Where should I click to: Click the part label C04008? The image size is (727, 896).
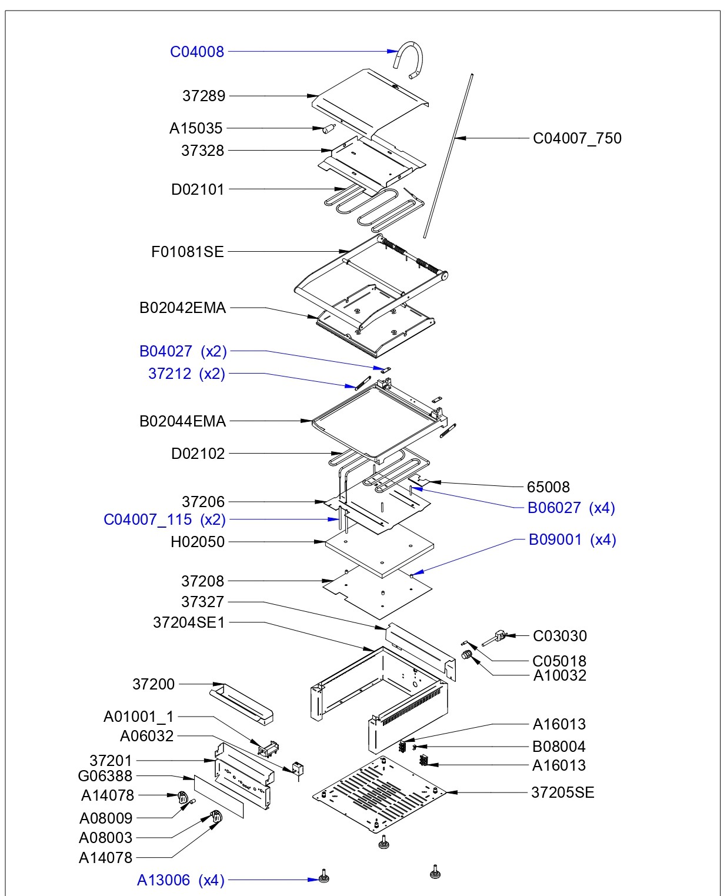pyautogui.click(x=197, y=52)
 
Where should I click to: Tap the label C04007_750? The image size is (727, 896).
pyautogui.click(x=577, y=138)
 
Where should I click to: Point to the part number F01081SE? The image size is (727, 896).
pyautogui.click(x=188, y=252)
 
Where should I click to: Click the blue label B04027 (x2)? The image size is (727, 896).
pyautogui.click(x=183, y=352)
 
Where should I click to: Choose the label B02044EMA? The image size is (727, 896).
pyautogui.click(x=182, y=422)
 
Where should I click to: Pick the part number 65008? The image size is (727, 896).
pyautogui.click(x=548, y=487)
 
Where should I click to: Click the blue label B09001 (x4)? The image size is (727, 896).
pyautogui.click(x=572, y=540)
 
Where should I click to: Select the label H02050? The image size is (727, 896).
pyautogui.click(x=198, y=542)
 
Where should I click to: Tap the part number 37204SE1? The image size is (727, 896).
pyautogui.click(x=189, y=622)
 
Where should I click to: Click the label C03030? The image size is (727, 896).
pyautogui.click(x=560, y=636)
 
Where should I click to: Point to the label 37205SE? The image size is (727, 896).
pyautogui.click(x=563, y=792)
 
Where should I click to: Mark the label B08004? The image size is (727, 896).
pyautogui.click(x=559, y=747)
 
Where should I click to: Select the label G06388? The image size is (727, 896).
pyautogui.click(x=105, y=776)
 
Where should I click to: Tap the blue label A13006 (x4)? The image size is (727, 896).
pyautogui.click(x=181, y=881)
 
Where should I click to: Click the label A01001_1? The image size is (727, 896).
pyautogui.click(x=139, y=717)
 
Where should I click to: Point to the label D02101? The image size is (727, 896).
pyautogui.click(x=198, y=189)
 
